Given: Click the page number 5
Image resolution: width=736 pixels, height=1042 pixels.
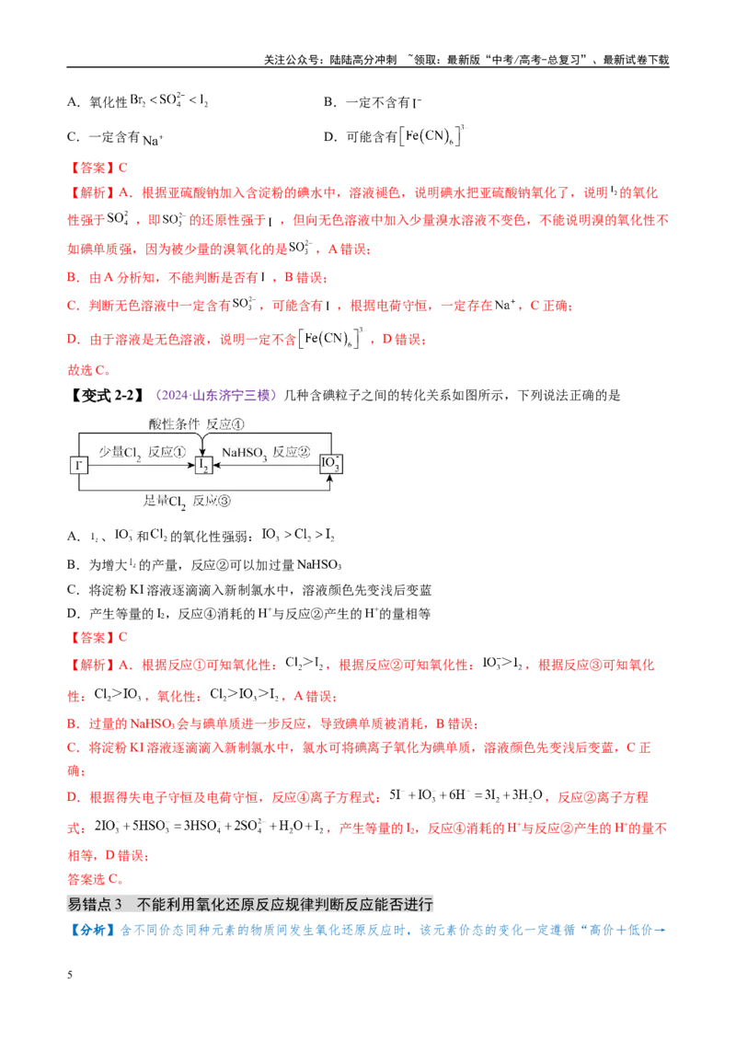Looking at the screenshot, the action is [x=70, y=974].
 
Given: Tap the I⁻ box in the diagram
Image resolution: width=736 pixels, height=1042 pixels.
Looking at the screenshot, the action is [x=79, y=465].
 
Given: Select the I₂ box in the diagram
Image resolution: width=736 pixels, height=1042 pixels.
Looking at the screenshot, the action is [x=203, y=465].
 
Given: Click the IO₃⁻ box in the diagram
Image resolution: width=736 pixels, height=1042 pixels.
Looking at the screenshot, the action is [x=330, y=463].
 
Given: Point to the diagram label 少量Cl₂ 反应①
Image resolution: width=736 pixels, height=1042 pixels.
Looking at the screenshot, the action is [x=143, y=453].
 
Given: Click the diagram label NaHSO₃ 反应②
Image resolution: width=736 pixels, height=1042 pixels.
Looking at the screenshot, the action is [x=266, y=453].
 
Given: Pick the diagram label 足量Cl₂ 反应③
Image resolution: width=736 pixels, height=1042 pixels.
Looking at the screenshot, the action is [x=187, y=501].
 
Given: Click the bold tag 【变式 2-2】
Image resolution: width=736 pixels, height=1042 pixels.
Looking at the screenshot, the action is [x=107, y=396].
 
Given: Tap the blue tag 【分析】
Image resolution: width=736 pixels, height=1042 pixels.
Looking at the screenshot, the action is [x=92, y=930].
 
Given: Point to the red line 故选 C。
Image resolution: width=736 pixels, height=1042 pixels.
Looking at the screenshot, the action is [x=89, y=370].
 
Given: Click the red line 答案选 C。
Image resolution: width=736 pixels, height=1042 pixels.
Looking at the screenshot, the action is [x=95, y=879].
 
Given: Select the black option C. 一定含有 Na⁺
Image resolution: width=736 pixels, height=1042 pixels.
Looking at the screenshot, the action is [x=115, y=137].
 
